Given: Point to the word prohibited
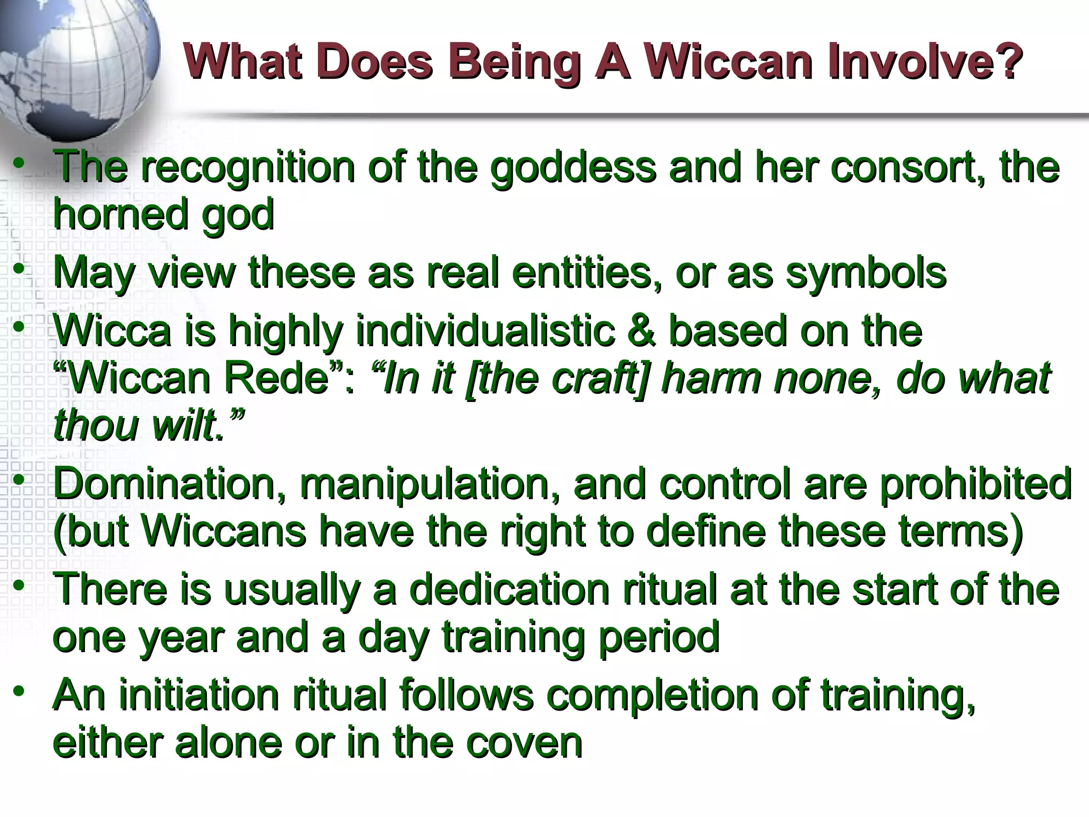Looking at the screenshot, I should point(975,484).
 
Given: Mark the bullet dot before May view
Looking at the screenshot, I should point(19,269).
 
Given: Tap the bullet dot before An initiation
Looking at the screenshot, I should point(19,691).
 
